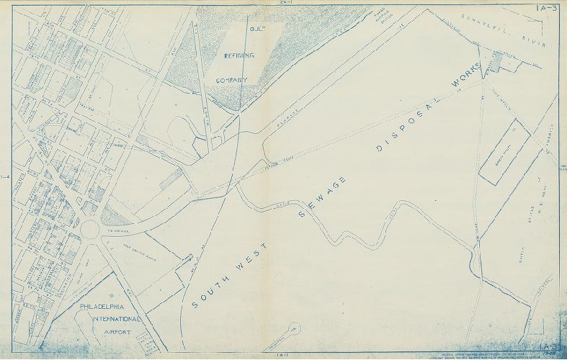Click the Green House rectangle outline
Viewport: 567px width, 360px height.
click(504, 153)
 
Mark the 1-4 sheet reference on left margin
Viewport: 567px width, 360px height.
click(6, 177)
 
